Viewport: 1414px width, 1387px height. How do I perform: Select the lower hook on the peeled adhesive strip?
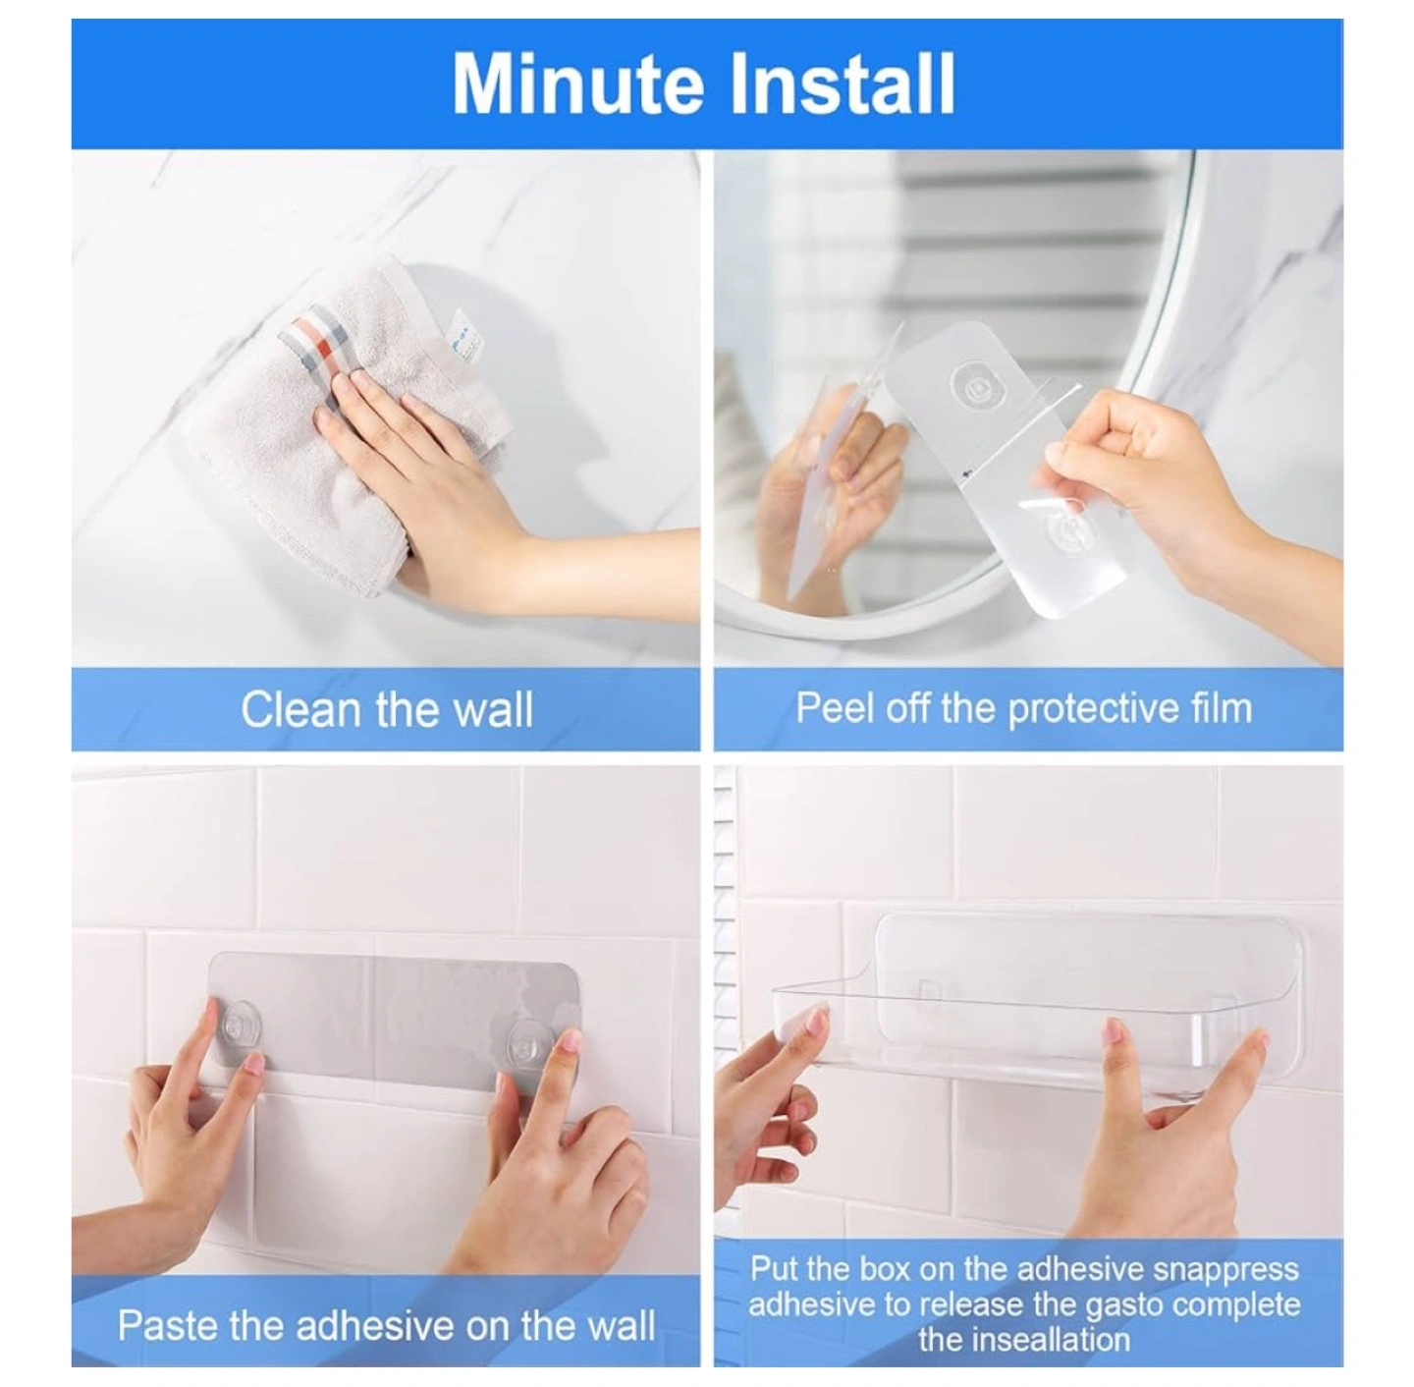coord(1066,527)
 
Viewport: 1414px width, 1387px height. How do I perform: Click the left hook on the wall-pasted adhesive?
coord(241,1023)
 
